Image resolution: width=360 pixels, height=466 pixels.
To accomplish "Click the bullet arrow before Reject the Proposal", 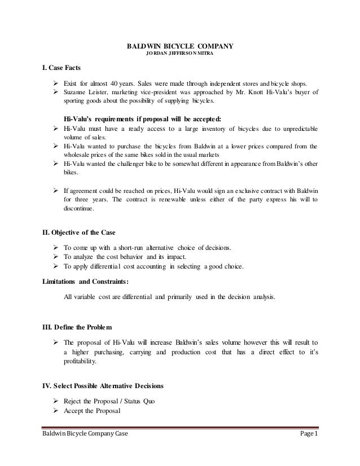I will [56, 399].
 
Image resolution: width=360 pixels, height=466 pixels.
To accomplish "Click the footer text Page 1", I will [307, 449].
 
